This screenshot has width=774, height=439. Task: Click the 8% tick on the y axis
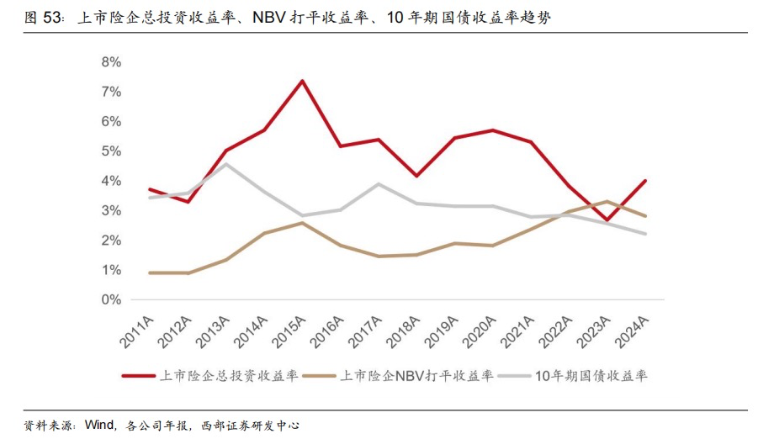[x=111, y=62]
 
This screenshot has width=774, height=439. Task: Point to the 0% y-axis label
[x=111, y=299]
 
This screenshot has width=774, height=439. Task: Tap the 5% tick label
[x=111, y=151]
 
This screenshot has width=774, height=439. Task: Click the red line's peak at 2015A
[x=302, y=81]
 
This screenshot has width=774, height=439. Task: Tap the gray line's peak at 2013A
[x=225, y=164]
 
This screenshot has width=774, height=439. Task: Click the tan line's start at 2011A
[x=149, y=272]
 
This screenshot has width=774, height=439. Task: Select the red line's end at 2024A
[x=646, y=180]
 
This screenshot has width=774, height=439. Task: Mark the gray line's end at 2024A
[x=646, y=234]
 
